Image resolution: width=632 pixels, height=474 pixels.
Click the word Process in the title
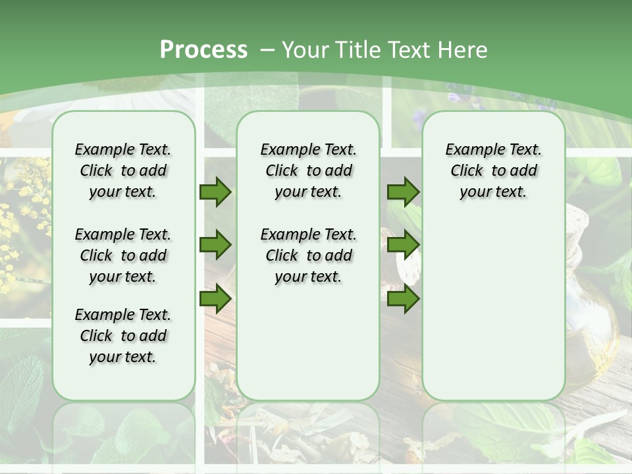click(x=203, y=50)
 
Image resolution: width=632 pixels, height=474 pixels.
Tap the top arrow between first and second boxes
click(x=215, y=192)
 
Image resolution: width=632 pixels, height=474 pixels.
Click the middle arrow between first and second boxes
click(x=215, y=245)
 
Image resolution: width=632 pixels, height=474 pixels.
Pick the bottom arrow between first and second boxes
click(x=215, y=299)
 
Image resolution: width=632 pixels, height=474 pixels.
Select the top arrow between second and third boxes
click(x=403, y=192)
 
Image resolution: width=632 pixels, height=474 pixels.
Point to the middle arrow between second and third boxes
click(x=403, y=245)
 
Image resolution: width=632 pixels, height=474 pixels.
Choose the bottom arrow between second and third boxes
click(x=403, y=299)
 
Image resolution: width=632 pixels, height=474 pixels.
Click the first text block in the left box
click(x=123, y=171)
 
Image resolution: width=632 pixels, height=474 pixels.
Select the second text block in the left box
click(x=123, y=255)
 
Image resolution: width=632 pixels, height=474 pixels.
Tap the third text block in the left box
click(x=123, y=336)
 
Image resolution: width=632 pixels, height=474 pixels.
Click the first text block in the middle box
click(x=308, y=171)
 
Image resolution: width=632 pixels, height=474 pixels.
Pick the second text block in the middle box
click(x=308, y=255)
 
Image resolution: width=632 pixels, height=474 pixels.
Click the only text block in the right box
click(x=494, y=171)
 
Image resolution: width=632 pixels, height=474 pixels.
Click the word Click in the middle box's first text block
click(x=282, y=171)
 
